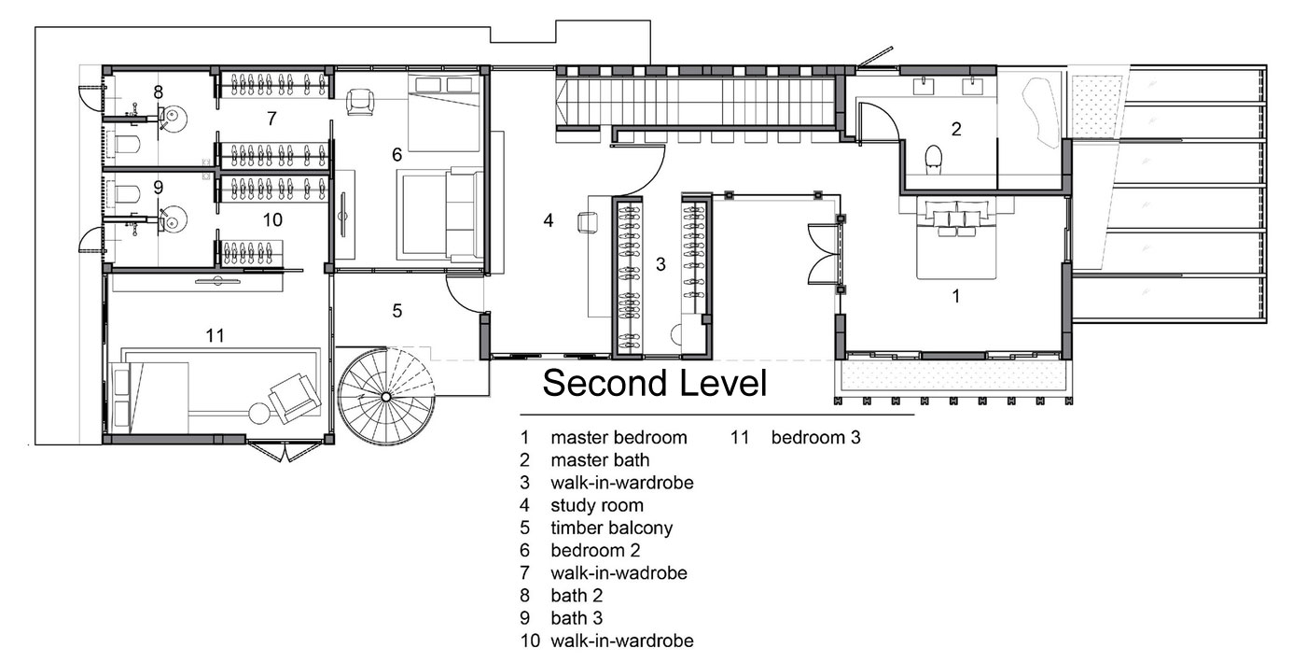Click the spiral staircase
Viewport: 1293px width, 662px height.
pos(386,396)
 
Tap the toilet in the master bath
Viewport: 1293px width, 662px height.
pos(934,160)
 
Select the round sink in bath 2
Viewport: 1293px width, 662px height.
pos(172,120)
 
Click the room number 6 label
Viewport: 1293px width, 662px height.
pos(396,154)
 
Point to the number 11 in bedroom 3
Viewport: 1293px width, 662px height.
pos(215,335)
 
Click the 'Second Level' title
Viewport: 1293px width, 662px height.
pos(655,383)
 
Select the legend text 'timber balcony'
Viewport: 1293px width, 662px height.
pos(611,528)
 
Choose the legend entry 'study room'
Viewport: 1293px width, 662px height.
pos(597,505)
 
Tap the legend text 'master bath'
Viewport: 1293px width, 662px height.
pos(600,460)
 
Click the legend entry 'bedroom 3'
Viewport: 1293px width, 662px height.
pos(815,437)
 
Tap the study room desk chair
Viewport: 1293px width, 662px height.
pos(588,223)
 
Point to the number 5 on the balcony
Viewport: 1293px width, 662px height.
pos(396,311)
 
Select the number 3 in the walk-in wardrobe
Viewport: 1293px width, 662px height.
pos(660,264)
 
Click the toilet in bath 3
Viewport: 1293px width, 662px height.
pos(127,194)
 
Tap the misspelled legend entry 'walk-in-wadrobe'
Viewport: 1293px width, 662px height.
pos(619,573)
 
